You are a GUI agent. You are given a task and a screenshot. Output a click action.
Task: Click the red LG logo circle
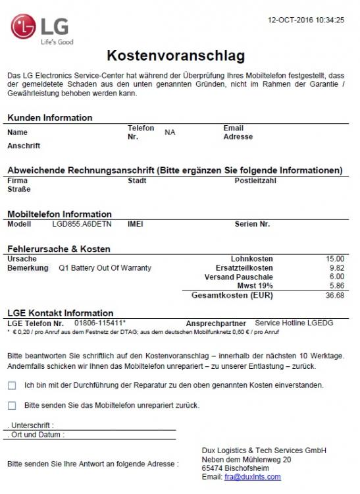coord(24,28)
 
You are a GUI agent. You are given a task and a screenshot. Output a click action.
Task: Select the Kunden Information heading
coord(50,118)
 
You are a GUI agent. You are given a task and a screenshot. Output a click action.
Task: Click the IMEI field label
coord(135,224)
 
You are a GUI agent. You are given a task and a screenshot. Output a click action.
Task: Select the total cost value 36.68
coord(335,296)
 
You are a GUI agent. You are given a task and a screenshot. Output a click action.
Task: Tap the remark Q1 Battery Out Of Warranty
coord(105,268)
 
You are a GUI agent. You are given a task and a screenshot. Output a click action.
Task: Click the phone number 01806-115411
coord(99,323)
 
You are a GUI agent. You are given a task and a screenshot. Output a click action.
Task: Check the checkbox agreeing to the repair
coord(12,385)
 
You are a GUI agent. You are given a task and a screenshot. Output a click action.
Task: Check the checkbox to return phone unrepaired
coord(12,406)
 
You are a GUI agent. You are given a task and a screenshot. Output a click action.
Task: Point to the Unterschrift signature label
coord(31,425)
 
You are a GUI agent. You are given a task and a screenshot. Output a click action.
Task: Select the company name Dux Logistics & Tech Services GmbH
coord(264,451)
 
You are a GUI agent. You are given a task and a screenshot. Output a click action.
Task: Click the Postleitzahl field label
coord(257,180)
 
